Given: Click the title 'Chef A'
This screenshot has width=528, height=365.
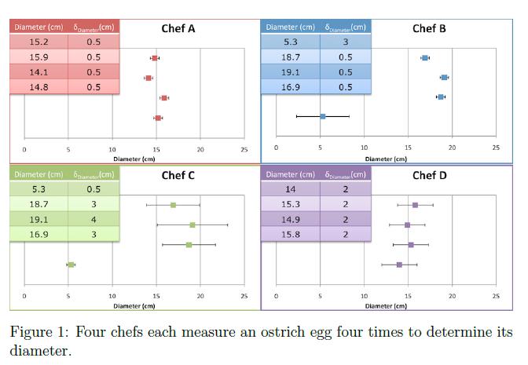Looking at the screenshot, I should pos(178,29).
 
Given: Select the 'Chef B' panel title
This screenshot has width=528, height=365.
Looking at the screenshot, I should pos(429,29).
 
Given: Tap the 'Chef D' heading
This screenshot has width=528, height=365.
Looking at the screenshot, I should pos(429,175).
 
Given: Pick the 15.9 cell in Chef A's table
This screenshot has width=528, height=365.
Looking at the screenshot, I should pos(38,57).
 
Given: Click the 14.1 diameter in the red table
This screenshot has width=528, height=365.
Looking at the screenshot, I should pos(38,72).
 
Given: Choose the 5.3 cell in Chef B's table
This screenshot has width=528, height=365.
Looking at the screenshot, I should pos(290,42).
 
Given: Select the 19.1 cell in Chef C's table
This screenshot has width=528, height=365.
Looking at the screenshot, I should pos(38,218).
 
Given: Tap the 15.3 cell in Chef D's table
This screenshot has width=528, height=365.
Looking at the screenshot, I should pos(290,203).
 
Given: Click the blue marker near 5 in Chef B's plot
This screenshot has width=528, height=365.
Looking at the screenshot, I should pos(322,116).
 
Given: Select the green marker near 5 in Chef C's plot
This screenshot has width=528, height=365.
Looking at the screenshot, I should pos(71,265).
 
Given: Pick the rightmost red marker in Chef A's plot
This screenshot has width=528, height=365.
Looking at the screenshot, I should pos(164,97).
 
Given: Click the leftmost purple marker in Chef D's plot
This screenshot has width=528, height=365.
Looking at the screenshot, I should pos(399,265).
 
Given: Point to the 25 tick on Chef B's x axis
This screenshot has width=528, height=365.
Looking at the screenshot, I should pos(496,148).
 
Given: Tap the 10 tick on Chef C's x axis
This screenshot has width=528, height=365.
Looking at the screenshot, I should pos(112,296).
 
